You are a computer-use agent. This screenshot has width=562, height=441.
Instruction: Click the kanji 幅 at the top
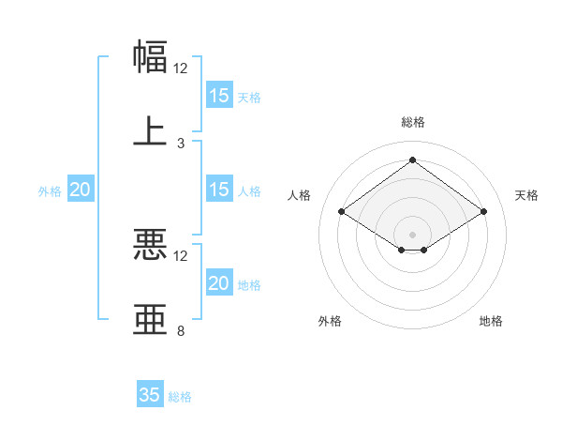click(x=151, y=56)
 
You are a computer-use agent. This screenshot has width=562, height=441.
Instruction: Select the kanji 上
click(x=151, y=130)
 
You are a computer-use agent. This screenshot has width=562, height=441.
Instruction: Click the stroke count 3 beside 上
click(x=181, y=144)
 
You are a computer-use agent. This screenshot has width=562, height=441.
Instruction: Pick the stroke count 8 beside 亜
click(x=181, y=331)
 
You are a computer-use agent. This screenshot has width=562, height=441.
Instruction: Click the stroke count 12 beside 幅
click(x=181, y=68)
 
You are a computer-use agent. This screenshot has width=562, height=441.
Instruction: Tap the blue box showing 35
click(x=150, y=395)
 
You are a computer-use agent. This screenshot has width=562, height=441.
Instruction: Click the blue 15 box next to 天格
click(x=219, y=96)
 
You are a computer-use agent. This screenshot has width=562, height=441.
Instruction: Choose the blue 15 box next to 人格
click(x=219, y=190)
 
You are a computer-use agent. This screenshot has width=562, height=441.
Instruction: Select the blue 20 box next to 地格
click(x=219, y=283)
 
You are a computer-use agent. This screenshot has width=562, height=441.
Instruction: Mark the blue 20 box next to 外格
click(x=81, y=190)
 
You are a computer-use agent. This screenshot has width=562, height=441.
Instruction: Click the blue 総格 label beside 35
click(x=180, y=397)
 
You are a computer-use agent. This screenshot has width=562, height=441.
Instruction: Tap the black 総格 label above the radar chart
click(x=413, y=122)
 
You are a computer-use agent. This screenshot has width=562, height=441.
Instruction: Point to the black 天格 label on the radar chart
click(x=526, y=195)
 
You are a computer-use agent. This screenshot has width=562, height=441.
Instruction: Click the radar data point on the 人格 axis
click(x=342, y=212)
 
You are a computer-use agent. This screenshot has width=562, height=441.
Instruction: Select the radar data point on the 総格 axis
click(x=413, y=160)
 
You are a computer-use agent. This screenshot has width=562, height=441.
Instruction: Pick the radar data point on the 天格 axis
click(x=484, y=212)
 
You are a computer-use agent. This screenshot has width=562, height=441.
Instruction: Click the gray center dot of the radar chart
click(x=413, y=234)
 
